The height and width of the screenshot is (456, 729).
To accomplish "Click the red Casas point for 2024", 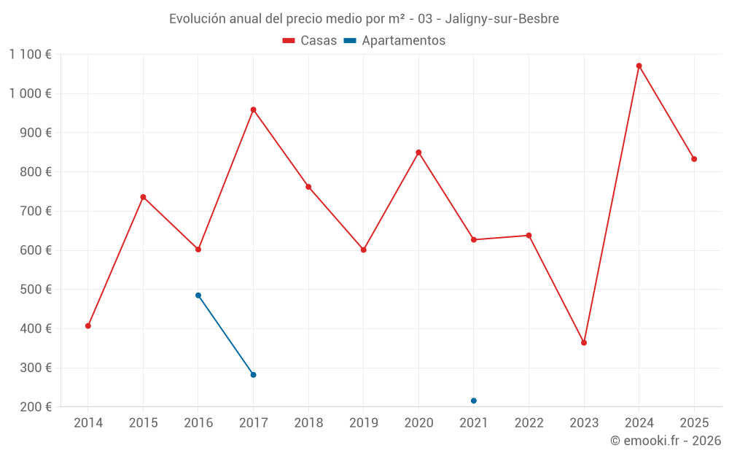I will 639,66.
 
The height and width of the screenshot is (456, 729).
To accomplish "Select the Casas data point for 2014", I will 88,326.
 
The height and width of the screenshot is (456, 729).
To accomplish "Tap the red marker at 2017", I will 253,110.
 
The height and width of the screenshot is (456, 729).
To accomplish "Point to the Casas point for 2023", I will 584,343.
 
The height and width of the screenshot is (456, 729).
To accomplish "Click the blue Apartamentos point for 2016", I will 198,295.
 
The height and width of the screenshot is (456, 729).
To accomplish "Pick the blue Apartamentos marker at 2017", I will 253,375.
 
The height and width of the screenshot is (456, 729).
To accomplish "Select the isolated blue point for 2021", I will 474,401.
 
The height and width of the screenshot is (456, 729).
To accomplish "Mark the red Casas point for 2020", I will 418,152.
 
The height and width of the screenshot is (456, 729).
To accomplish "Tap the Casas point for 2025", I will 694,159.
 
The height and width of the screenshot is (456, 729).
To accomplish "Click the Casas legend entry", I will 310,41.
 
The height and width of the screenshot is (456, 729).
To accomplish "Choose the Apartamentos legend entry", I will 395,41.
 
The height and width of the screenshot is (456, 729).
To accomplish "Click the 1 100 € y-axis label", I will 31,54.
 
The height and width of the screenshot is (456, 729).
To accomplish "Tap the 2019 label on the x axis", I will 363,423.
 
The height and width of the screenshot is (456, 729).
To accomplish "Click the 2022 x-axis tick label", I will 529,423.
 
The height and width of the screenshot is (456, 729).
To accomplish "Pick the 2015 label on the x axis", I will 143,423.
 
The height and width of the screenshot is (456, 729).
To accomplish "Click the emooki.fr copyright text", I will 666,441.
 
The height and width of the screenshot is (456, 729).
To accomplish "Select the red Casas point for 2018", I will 308,187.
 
